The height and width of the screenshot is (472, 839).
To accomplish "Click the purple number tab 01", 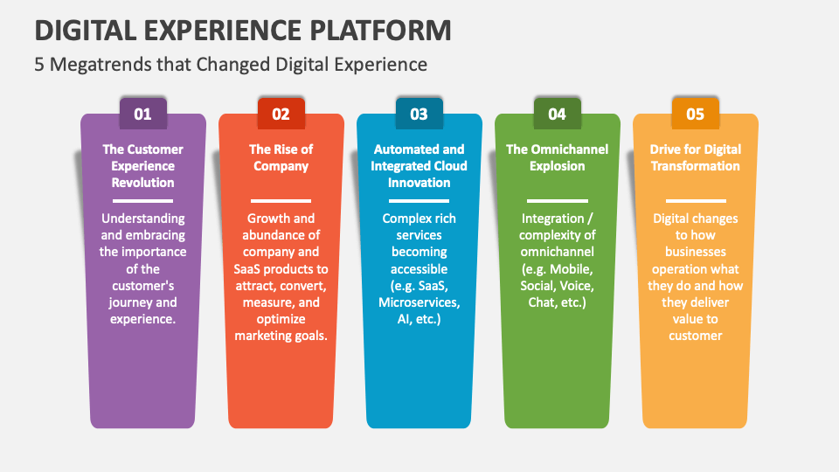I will pos(142,114).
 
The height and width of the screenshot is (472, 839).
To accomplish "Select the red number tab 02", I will pos(281,114).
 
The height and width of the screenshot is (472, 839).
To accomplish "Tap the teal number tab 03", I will pos(419,114).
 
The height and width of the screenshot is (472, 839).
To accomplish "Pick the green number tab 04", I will pos(557,114).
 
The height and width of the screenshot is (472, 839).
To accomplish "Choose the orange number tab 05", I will pos(695,114).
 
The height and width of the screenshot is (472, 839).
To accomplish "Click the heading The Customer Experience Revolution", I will pos(142,166).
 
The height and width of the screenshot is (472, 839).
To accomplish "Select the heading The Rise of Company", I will pos(281,157).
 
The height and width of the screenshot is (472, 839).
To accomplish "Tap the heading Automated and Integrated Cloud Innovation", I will pos(419,166).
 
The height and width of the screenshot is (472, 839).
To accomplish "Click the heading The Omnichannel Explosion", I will pos(557,157).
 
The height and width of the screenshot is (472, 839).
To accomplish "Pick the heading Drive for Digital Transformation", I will pos(695,157).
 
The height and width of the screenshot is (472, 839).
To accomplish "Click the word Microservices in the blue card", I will pos(419,302).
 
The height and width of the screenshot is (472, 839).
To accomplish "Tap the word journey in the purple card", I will pos(132,302).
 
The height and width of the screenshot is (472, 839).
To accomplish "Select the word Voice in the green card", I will pos(578,286).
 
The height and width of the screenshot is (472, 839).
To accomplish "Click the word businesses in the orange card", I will pos(695,253).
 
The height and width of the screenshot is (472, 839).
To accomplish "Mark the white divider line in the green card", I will pos(557,200).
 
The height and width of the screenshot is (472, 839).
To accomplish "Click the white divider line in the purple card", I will pos(142,200).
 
